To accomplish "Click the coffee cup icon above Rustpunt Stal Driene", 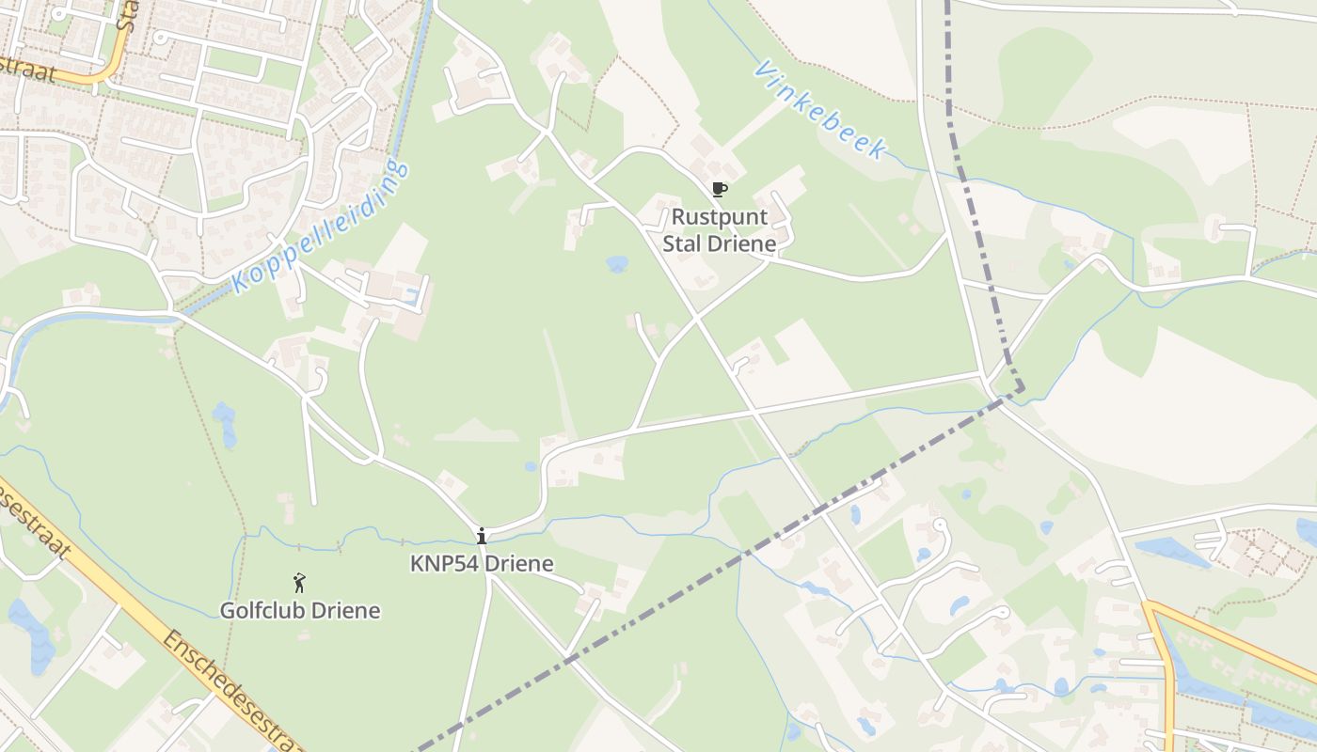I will point(720,190).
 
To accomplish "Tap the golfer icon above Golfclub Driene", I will point(299,584).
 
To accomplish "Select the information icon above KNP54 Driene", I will point(482,536).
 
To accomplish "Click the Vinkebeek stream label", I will point(820,110).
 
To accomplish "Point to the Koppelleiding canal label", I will point(321,227).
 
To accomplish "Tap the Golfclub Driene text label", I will point(300,611).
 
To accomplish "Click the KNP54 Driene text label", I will point(482,564).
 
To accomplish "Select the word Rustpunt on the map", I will point(720,217).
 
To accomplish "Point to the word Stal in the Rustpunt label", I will point(683,244).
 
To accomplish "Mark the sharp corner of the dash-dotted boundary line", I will point(1023,387).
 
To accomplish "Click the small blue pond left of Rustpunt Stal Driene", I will point(617,264).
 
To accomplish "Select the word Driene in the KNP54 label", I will point(520,564).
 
